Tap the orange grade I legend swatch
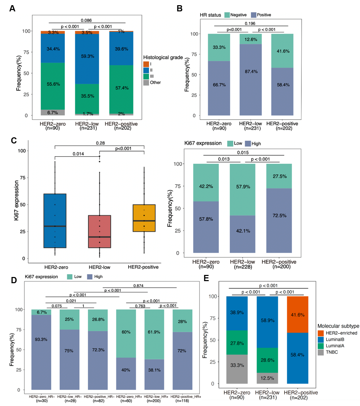click(x=146, y=64)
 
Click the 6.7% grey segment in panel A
click(x=53, y=112)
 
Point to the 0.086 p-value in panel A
click(x=86, y=20)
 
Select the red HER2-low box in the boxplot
click(x=99, y=231)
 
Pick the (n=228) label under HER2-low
click(x=242, y=267)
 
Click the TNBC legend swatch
click(x=321, y=353)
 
